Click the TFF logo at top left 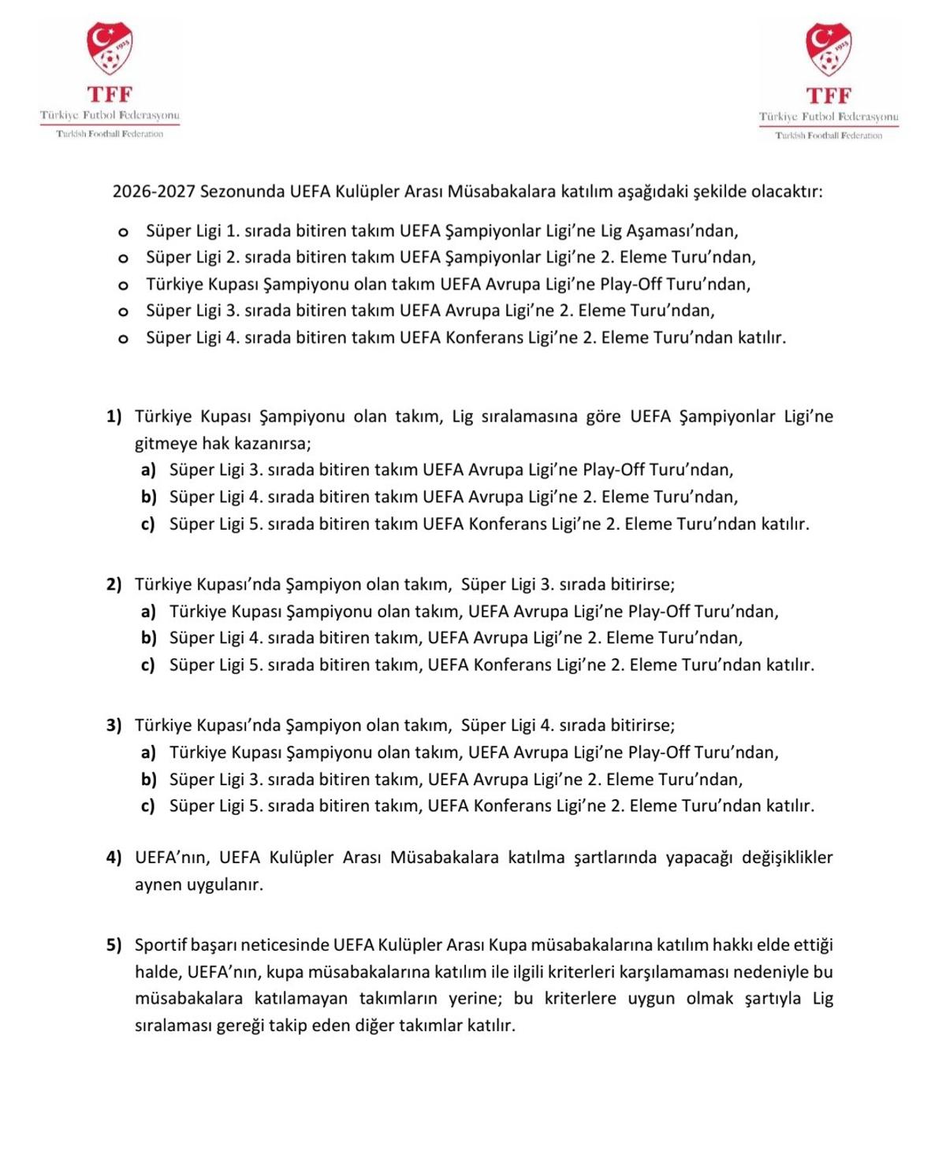tap(110, 79)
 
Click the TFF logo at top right tap(829, 80)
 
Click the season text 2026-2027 tap(154, 192)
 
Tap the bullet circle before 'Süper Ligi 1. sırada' tap(123, 232)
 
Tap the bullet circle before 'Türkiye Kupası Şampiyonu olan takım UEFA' tap(123, 285)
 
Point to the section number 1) tap(114, 416)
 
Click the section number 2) tap(114, 584)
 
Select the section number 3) tap(114, 725)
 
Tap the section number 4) tap(114, 857)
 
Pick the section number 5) tap(114, 944)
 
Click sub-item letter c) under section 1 tap(148, 523)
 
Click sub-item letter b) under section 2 tap(149, 638)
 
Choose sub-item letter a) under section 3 tap(148, 752)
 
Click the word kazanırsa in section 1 tap(271, 443)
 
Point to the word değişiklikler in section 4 tap(787, 857)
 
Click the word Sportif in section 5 tap(162, 944)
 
